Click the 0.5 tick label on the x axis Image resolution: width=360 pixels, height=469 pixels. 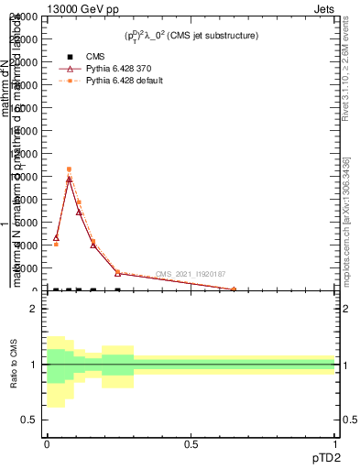(191, 443)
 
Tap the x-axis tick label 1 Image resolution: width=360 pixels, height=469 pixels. (335, 443)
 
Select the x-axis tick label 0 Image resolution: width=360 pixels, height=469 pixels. (47, 443)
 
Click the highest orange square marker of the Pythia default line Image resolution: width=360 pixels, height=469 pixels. (69, 169)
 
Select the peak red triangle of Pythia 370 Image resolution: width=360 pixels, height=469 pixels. (69, 179)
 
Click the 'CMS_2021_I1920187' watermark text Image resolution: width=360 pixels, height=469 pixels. (190, 274)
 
